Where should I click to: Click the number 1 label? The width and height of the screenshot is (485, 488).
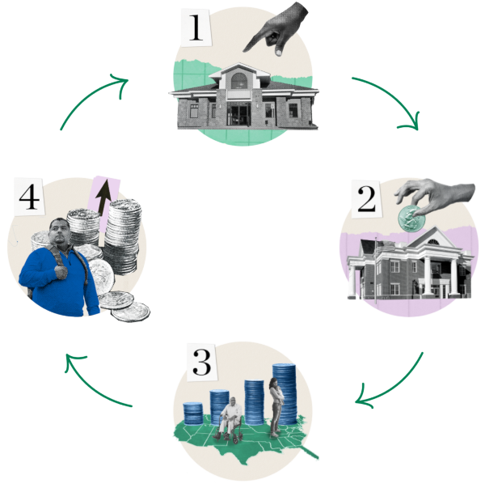195,28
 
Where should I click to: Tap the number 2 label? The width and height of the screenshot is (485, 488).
366,199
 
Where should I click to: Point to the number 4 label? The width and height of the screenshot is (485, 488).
29,197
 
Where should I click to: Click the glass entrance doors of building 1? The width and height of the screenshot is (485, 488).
238,114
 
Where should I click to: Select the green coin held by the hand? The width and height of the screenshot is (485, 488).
410,216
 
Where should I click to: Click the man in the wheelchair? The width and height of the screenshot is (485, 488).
231,418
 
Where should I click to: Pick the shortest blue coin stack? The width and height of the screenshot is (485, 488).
193,413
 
